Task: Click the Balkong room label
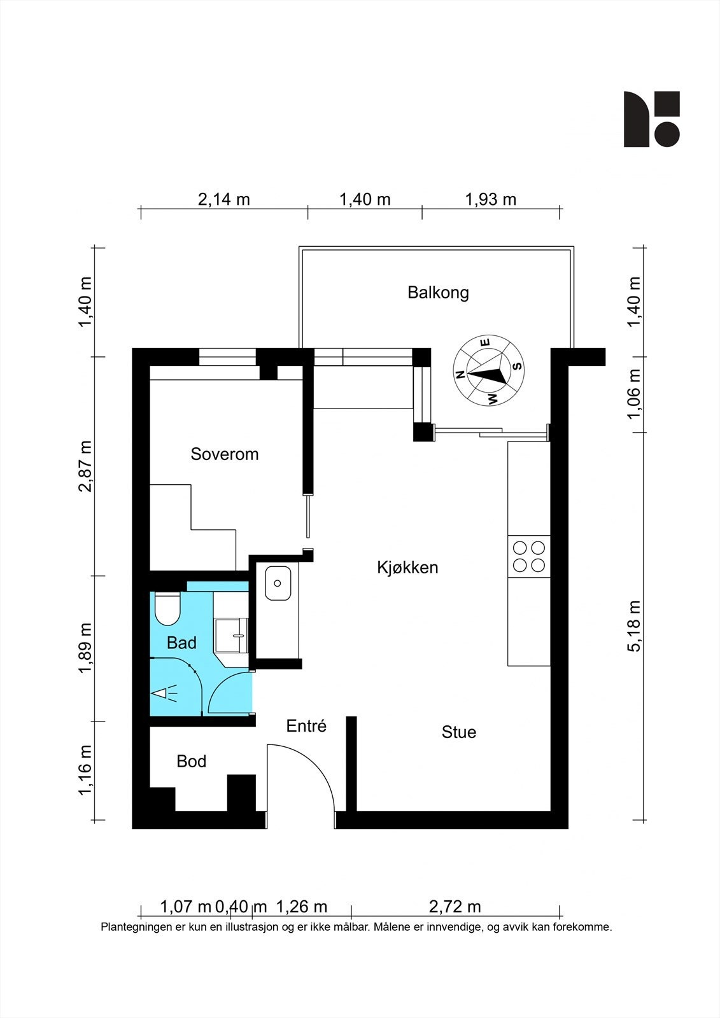tap(438, 292)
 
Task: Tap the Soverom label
tap(224, 454)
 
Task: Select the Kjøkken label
tap(407, 568)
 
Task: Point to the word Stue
tap(459, 732)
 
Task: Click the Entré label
tap(306, 726)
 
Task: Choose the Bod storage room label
tap(192, 761)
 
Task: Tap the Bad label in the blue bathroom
tap(181, 643)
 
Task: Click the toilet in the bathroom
tap(167, 608)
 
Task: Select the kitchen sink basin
tap(278, 583)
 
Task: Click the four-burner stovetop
tap(529, 556)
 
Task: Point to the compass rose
tap(488, 370)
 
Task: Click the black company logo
tap(652, 119)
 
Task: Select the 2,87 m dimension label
tap(85, 466)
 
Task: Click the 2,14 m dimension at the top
tap(224, 200)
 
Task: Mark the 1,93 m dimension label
tap(491, 200)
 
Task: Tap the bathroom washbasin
tap(231, 636)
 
